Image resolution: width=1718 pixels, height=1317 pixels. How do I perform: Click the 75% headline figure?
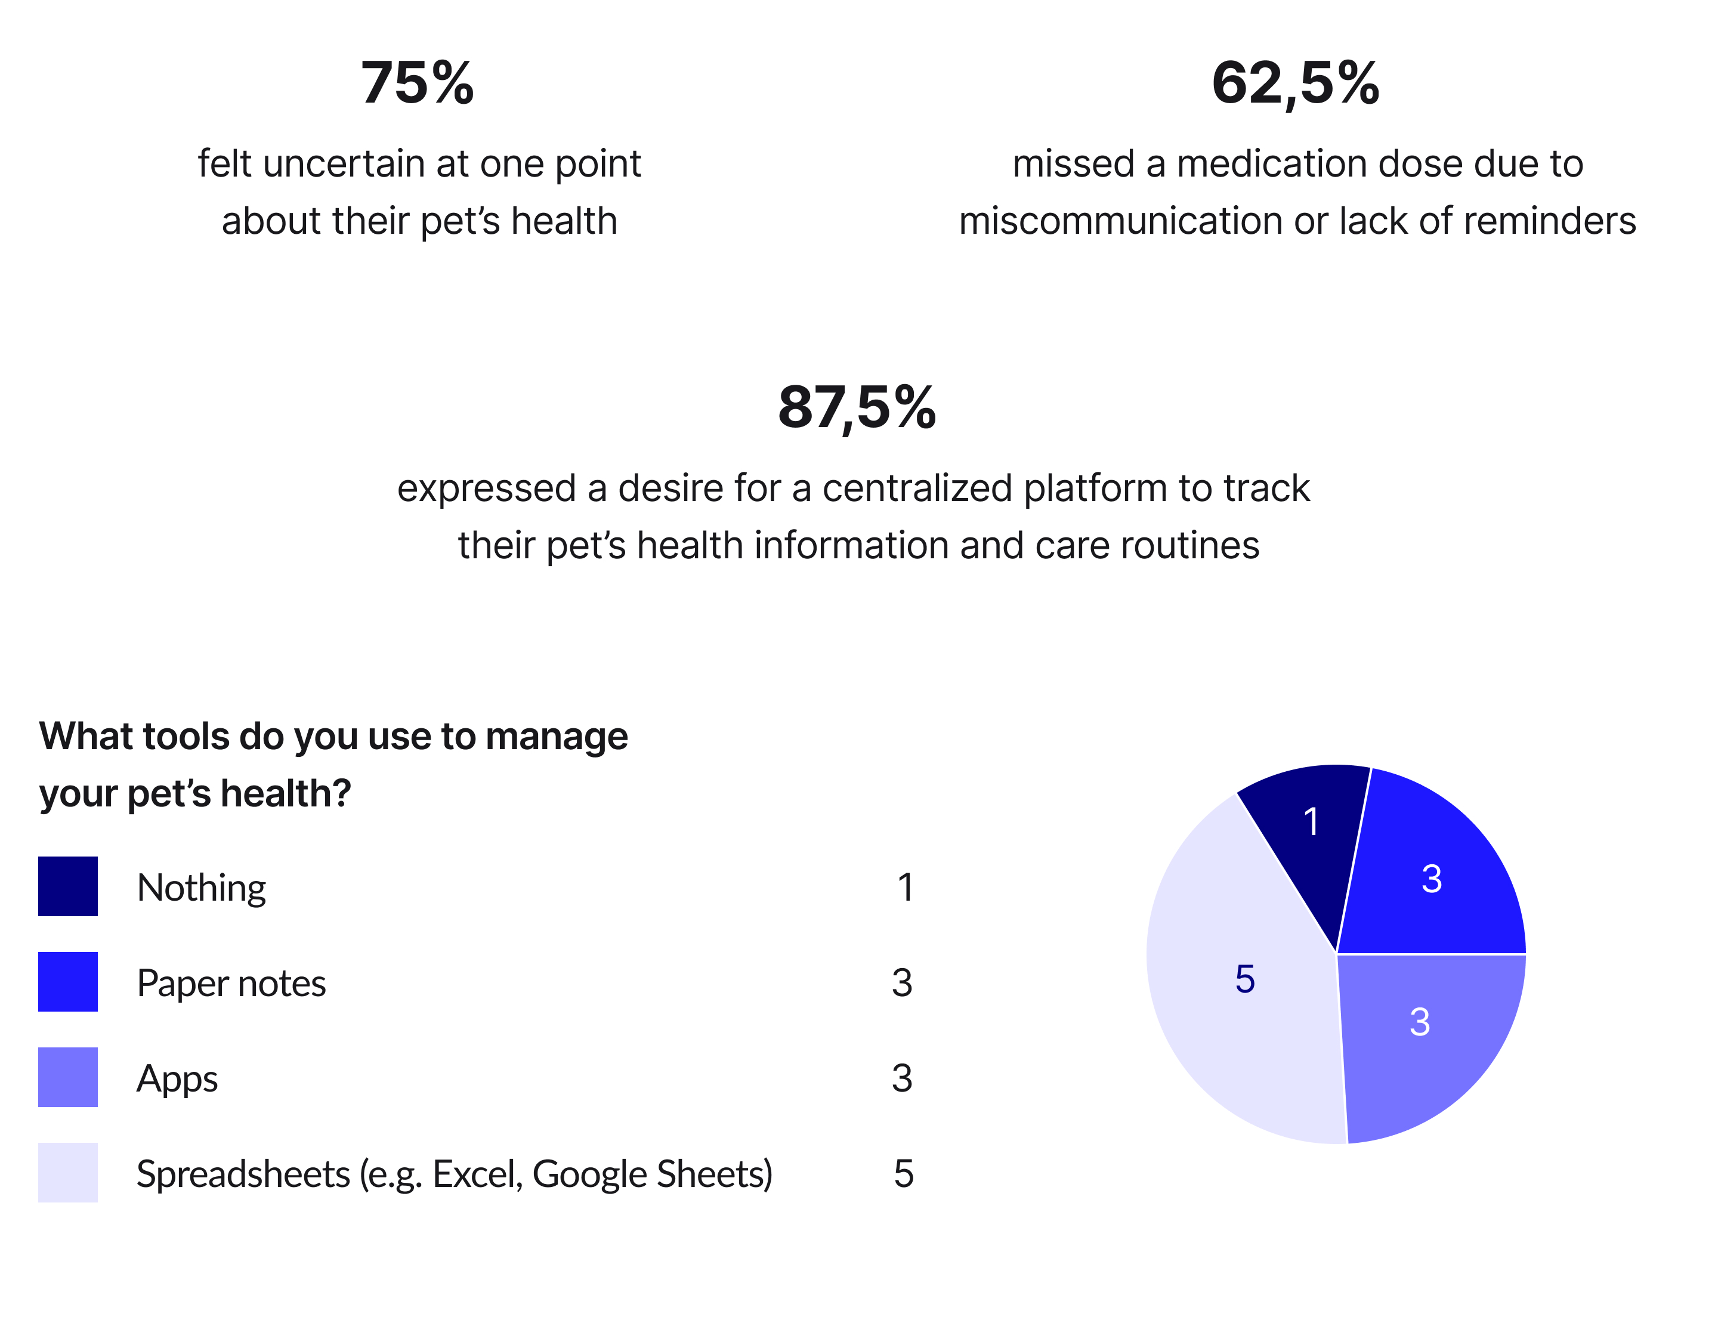coord(417,83)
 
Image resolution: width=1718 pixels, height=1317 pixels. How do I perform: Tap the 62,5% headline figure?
coord(1296,83)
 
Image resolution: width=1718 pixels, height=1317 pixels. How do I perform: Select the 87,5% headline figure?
coord(857,407)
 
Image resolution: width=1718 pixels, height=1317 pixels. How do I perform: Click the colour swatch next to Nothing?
coord(68,886)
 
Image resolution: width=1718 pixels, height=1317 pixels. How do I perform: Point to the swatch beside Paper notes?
coord(68,982)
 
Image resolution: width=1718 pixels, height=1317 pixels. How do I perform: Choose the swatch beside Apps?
coord(68,1078)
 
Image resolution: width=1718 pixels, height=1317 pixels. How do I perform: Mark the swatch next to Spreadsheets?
coord(68,1173)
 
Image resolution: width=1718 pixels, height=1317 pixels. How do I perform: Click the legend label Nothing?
coord(202,888)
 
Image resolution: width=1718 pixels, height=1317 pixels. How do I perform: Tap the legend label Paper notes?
coord(231,984)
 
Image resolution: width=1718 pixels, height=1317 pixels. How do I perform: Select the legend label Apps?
coord(177,1080)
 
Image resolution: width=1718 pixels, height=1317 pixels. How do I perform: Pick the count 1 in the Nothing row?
coord(906,888)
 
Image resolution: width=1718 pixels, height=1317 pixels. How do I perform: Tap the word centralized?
coord(917,489)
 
